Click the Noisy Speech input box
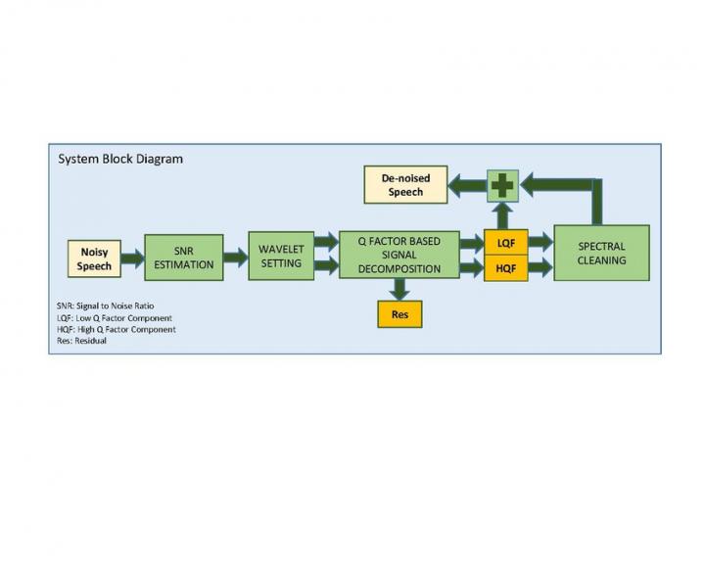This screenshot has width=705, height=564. click(94, 258)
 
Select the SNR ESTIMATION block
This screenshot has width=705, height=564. click(183, 258)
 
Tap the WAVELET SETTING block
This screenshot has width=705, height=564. click(281, 256)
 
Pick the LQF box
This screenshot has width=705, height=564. click(505, 242)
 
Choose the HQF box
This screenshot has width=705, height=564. click(505, 268)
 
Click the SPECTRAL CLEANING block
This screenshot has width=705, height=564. click(601, 254)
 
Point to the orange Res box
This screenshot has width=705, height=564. click(399, 313)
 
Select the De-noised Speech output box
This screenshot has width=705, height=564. click(404, 185)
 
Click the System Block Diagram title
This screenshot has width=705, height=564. click(120, 159)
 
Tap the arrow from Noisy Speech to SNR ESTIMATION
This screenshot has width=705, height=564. click(132, 258)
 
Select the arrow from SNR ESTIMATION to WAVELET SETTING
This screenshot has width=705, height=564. click(235, 258)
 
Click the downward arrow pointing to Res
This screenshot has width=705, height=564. click(399, 289)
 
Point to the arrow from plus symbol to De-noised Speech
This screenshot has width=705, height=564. click(467, 185)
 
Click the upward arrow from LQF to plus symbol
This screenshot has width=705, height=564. click(502, 215)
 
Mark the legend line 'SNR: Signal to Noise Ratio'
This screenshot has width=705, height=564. click(105, 305)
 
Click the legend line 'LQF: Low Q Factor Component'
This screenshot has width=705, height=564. click(115, 318)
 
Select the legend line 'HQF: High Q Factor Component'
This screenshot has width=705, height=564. click(117, 330)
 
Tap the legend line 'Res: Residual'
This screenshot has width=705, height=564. click(82, 341)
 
